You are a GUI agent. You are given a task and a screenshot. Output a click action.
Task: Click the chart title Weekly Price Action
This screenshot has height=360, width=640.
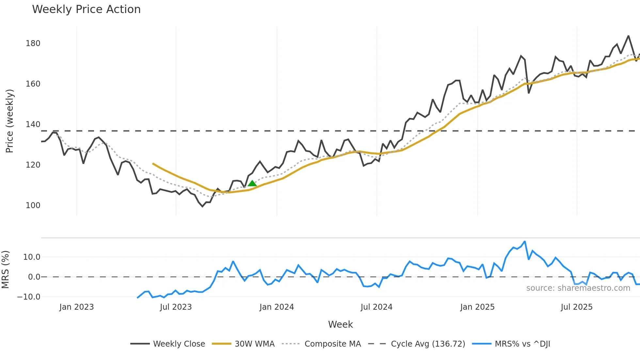coord(86,9)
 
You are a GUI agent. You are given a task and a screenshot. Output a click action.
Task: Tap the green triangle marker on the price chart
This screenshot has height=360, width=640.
coord(252,183)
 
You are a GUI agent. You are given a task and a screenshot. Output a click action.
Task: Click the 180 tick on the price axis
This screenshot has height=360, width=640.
coord(33,43)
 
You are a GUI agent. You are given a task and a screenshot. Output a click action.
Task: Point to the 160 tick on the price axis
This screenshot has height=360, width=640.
coord(33,84)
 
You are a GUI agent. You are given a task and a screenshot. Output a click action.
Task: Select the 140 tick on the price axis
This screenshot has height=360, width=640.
coord(33,124)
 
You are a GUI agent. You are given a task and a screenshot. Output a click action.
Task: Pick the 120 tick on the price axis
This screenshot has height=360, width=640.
coord(33,165)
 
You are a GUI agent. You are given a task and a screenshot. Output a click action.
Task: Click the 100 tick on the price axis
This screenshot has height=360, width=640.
coord(33,205)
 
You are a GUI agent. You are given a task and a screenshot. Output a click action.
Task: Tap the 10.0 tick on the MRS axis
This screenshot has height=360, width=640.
coord(32,257)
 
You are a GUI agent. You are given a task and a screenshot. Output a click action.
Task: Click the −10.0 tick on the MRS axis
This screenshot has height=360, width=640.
coord(29,297)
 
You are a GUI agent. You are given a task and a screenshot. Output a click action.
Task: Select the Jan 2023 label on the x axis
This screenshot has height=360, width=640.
coord(76,307)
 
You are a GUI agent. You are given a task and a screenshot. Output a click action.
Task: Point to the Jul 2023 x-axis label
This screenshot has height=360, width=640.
coord(176,307)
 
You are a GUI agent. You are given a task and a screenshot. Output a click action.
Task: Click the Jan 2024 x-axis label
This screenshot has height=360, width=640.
coord(277,307)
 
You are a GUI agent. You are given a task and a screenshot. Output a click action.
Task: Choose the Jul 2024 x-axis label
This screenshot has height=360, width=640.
coord(376,307)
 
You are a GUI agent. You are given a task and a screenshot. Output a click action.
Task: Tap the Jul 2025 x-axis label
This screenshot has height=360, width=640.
coord(577,307)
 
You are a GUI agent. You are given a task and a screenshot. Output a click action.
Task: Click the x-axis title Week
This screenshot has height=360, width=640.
coord(340,324)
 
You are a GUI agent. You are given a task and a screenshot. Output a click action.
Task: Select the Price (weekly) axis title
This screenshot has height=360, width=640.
coord(9,121)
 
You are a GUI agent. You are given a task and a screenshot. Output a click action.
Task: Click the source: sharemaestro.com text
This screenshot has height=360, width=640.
coord(578,288)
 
